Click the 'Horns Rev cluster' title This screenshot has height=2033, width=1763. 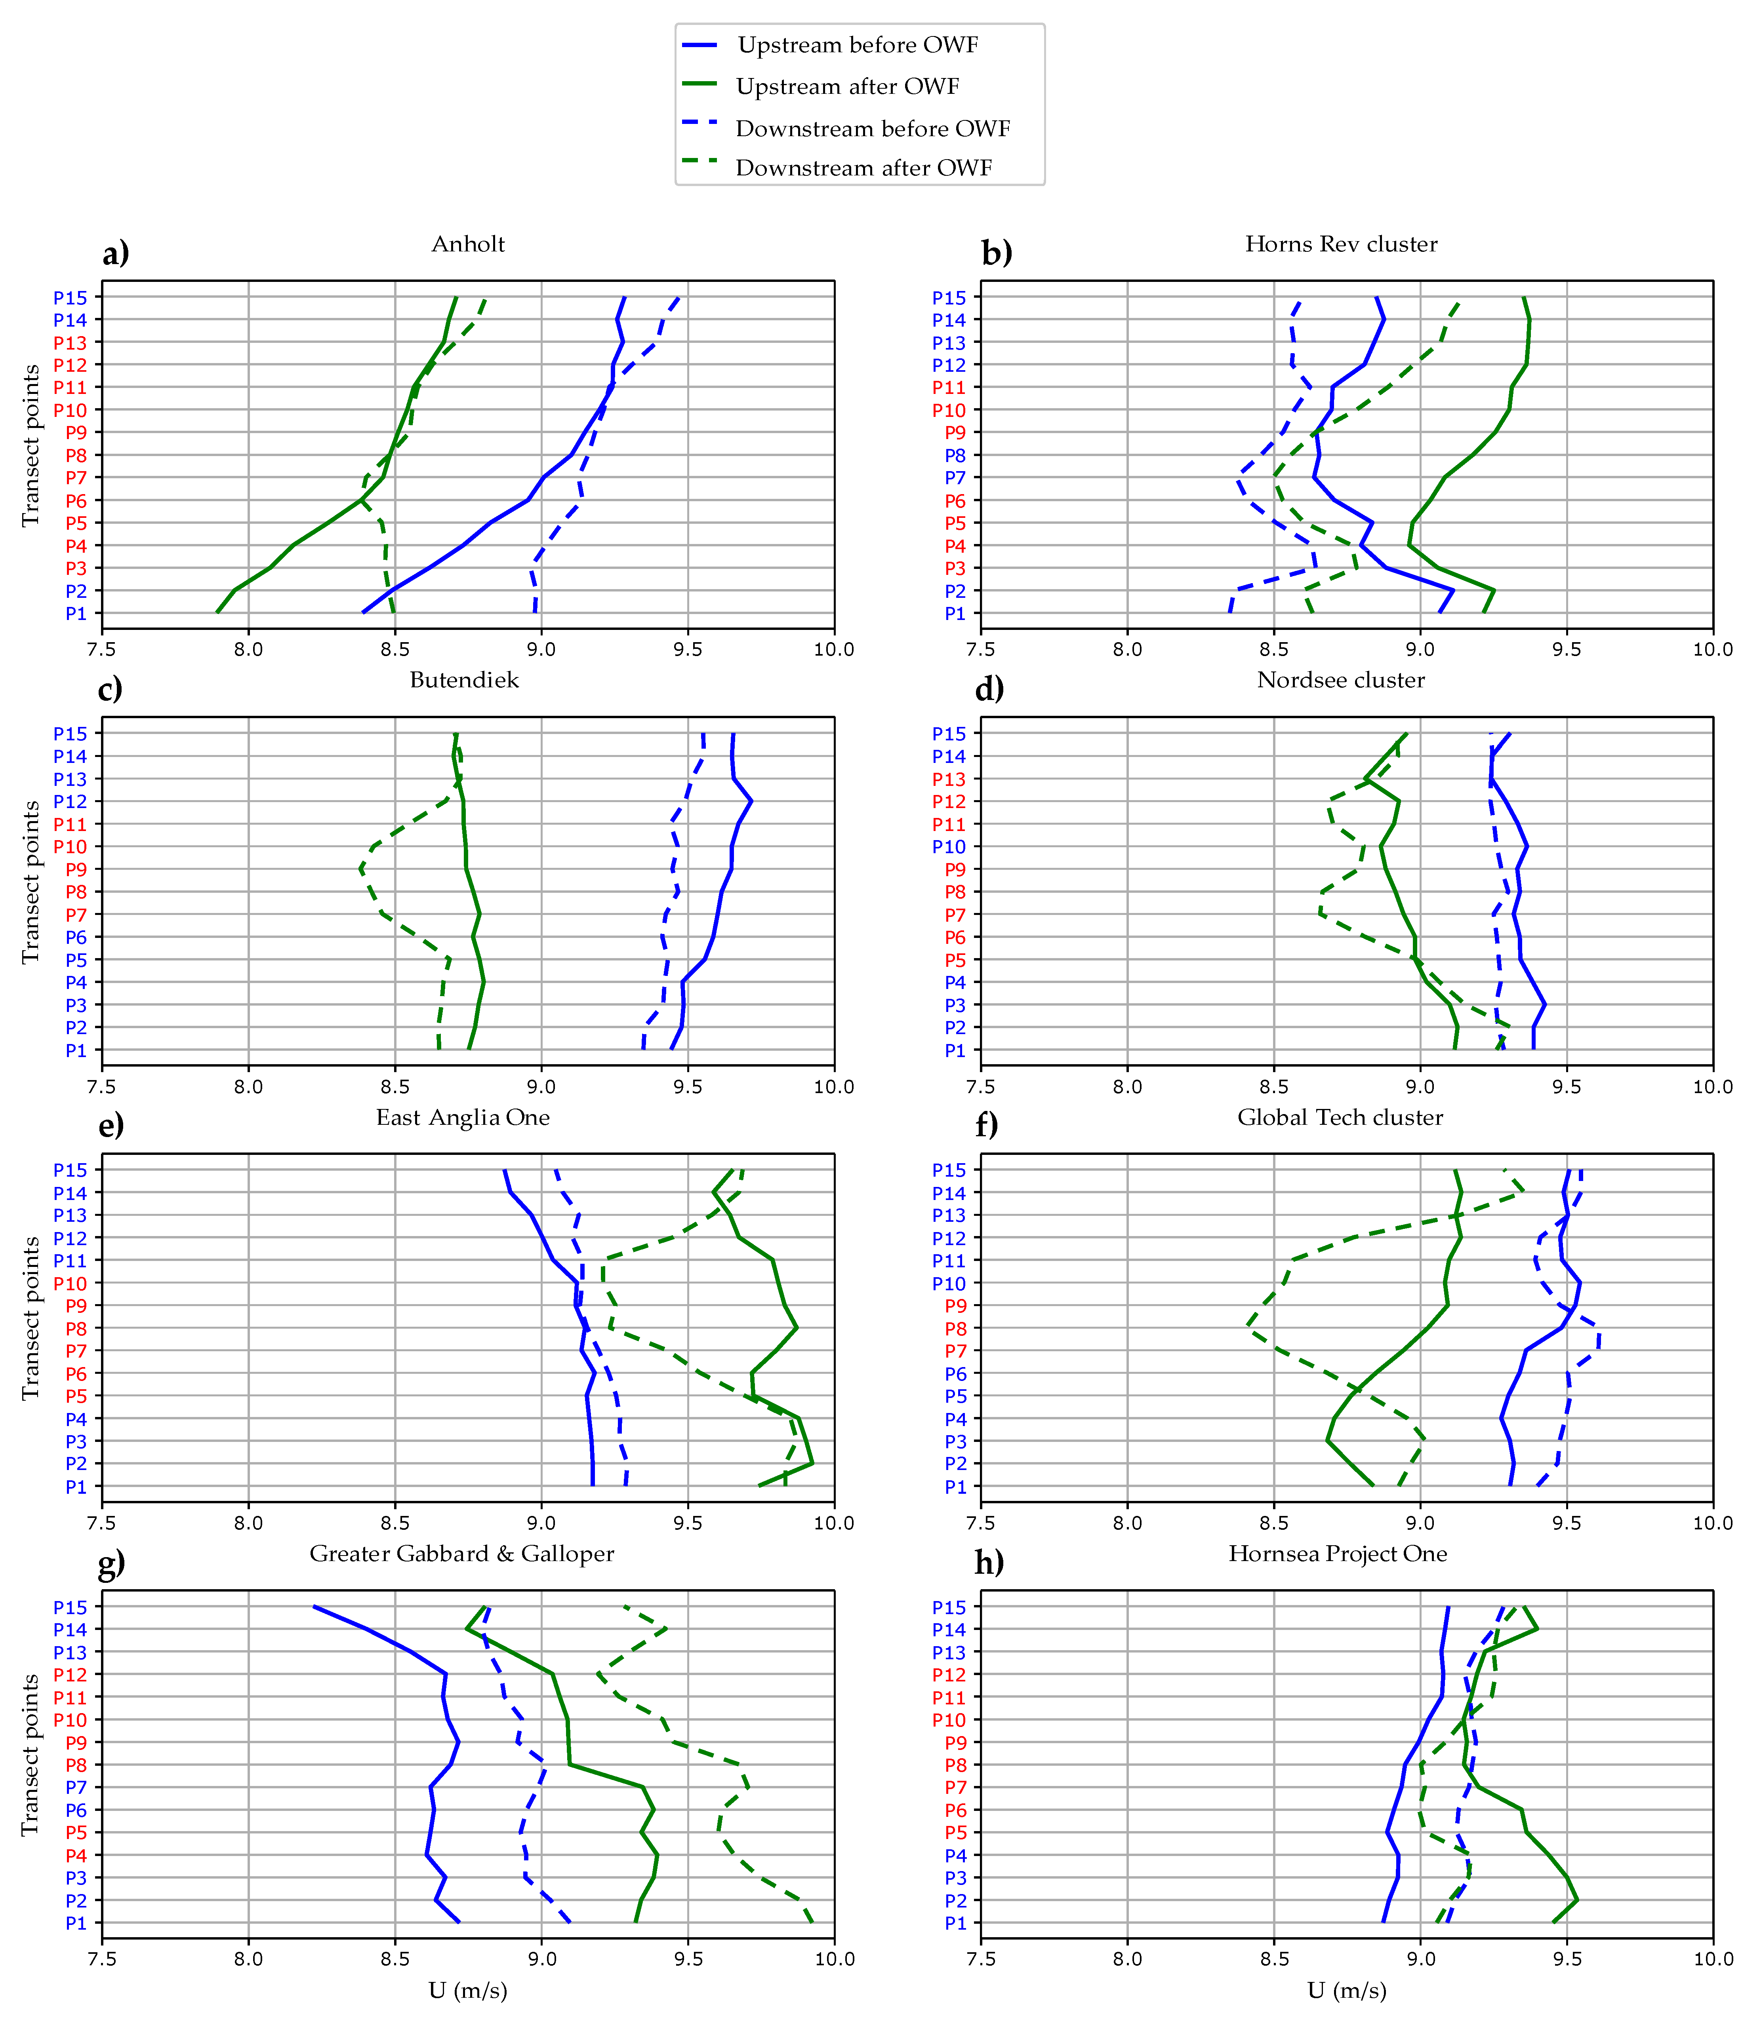click(1341, 244)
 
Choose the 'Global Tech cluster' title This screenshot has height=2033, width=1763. click(1340, 1117)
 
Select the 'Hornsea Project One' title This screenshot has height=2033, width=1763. click(1338, 1554)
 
